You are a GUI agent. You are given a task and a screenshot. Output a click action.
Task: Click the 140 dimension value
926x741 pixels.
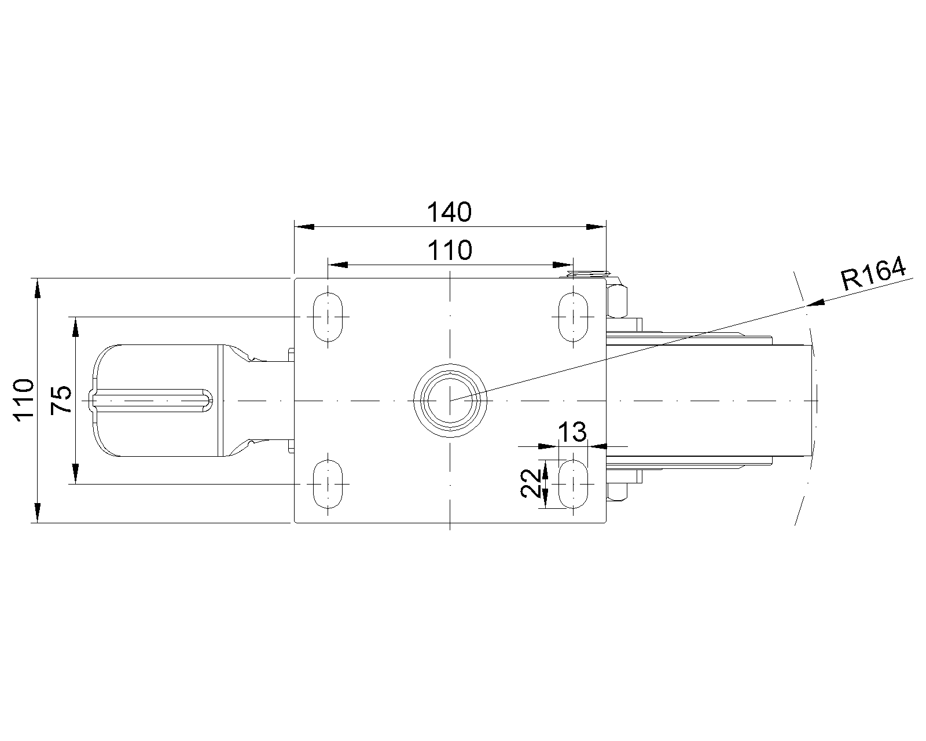[449, 212]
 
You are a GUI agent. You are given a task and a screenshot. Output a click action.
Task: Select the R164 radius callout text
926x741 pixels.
[873, 273]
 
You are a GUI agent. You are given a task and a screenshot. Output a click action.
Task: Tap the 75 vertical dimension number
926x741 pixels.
[61, 400]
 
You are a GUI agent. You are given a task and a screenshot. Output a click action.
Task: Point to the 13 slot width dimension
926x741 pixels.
[572, 432]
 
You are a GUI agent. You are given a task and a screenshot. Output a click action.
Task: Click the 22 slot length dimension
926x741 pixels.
[531, 483]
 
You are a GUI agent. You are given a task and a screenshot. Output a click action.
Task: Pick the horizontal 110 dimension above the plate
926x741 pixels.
[450, 251]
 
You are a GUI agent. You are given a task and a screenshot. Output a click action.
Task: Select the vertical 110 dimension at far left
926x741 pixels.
[24, 400]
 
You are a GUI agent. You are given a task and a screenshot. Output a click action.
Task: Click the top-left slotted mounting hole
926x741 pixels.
[328, 317]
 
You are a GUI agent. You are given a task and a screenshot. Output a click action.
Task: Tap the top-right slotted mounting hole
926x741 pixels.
[573, 317]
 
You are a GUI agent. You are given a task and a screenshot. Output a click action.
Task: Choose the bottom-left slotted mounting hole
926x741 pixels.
[328, 484]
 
